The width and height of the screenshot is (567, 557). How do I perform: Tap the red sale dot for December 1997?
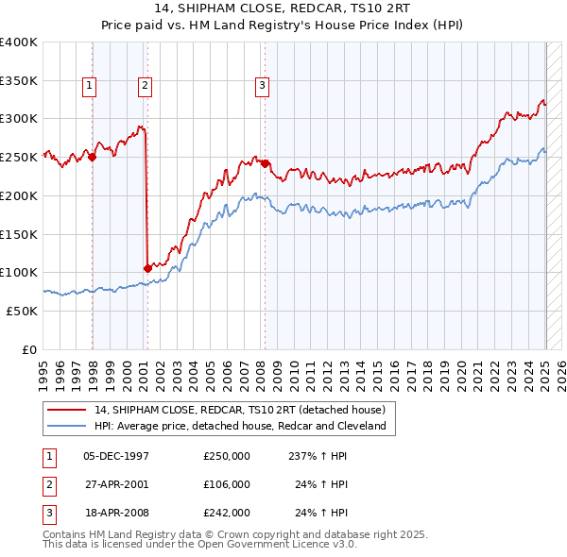(x=93, y=158)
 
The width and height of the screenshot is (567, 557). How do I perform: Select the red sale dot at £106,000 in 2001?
(x=147, y=268)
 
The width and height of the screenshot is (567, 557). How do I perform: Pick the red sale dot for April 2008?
(x=266, y=163)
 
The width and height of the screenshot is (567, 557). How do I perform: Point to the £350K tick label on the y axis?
(x=19, y=80)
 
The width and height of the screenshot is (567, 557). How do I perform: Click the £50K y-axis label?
(x=23, y=311)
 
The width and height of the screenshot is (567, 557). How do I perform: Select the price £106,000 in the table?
(x=226, y=484)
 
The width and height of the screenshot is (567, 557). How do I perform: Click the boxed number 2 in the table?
(x=46, y=484)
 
